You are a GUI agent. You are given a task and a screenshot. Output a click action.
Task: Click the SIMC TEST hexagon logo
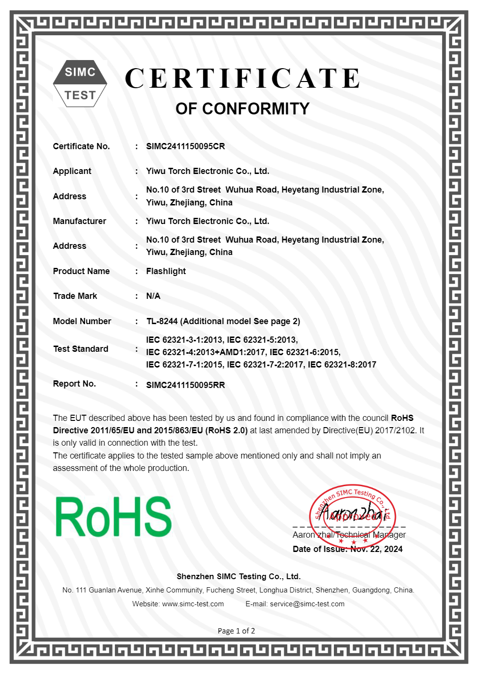click(x=80, y=83)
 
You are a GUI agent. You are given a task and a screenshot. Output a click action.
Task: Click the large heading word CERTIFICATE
click(x=243, y=79)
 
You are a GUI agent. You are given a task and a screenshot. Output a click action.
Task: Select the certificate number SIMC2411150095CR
click(x=185, y=146)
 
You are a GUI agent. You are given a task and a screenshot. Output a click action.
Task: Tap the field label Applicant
click(x=72, y=171)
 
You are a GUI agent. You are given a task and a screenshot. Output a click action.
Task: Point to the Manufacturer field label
click(x=80, y=221)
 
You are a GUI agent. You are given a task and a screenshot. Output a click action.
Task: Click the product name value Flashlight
click(x=166, y=271)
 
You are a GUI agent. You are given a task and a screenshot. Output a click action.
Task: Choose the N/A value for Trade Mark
click(x=153, y=296)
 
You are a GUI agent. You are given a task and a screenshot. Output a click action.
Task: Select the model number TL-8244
click(x=162, y=321)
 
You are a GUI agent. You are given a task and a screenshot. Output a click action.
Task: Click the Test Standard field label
click(x=81, y=349)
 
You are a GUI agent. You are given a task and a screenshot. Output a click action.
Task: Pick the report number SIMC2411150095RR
click(x=185, y=385)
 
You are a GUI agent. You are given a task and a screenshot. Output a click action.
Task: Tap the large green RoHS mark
click(x=114, y=517)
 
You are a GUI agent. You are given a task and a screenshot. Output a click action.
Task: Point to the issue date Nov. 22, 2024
click(x=376, y=549)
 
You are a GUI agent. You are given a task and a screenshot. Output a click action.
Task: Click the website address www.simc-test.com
click(x=193, y=604)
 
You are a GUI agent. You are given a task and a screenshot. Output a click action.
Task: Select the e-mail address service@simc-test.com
click(x=307, y=604)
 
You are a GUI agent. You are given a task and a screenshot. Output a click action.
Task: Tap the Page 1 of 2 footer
click(x=236, y=631)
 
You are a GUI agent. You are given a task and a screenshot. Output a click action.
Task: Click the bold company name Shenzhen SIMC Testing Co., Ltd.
click(x=238, y=576)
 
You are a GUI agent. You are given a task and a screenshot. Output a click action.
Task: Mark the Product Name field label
click(x=81, y=271)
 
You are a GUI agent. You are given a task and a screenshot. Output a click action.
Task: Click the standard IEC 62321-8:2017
click(x=342, y=365)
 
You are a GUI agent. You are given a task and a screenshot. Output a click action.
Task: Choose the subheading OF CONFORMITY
click(x=242, y=109)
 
